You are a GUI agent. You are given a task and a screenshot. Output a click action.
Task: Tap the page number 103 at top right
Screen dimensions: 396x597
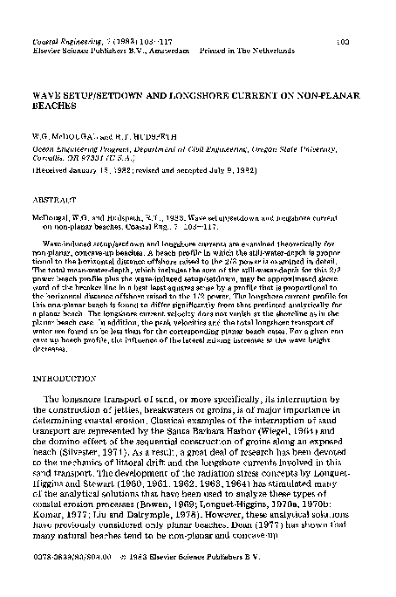coord(343,41)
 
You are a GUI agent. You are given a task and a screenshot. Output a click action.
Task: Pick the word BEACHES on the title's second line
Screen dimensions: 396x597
coord(51,101)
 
